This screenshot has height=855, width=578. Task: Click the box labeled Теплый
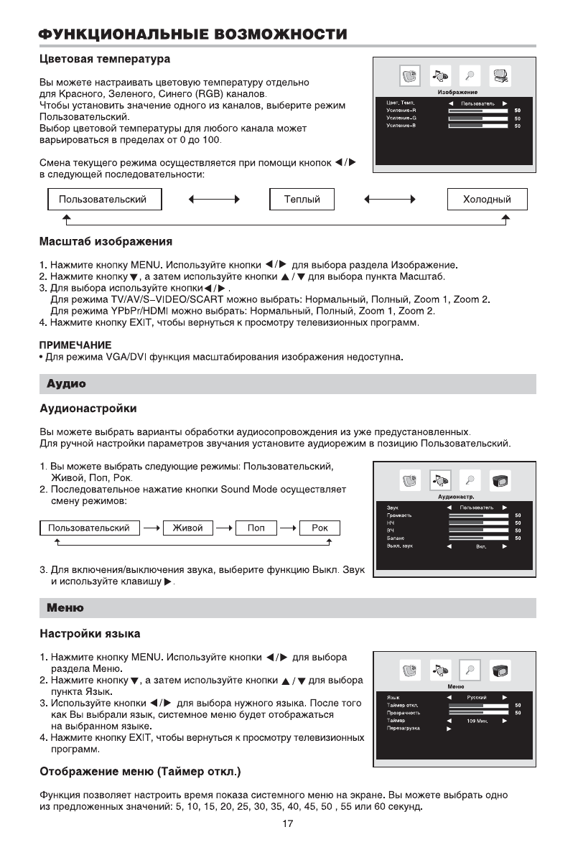302,200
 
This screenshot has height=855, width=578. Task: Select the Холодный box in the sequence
488,200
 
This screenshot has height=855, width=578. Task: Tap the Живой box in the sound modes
183,528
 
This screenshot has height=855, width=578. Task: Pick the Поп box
256,528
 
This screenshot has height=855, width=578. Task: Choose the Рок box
320,528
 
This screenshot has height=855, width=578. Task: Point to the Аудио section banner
66,384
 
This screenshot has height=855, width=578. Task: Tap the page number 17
287,824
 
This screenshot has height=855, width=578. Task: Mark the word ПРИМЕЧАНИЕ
70,345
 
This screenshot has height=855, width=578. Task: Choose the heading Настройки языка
89,634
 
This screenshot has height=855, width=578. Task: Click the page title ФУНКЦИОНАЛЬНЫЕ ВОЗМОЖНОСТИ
192,34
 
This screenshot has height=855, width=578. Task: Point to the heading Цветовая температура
104,57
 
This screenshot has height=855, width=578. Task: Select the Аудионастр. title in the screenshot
457,497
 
